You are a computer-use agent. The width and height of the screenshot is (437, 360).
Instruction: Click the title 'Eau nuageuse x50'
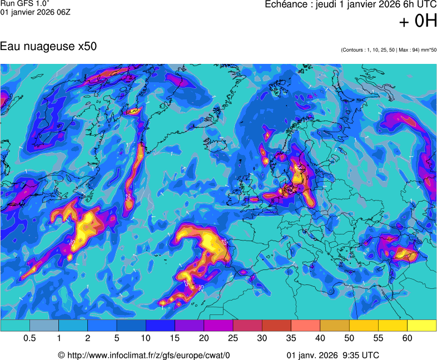[x=48, y=47]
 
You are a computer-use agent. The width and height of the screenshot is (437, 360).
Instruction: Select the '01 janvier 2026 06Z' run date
[x=36, y=12]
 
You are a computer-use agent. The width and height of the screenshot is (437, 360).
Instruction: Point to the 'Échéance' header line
[x=350, y=5]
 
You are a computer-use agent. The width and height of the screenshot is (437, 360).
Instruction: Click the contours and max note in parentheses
[x=389, y=50]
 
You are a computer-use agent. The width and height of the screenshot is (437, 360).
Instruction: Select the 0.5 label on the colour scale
[x=30, y=338]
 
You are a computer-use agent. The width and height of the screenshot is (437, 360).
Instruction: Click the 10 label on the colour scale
[x=146, y=338]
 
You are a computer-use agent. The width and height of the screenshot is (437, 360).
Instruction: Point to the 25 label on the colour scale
[x=233, y=338]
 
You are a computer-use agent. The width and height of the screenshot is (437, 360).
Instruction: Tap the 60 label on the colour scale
[x=408, y=338]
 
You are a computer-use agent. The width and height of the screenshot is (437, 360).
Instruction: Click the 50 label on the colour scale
[x=349, y=338]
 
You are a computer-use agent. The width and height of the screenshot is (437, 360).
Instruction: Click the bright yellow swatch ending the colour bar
[x=422, y=326]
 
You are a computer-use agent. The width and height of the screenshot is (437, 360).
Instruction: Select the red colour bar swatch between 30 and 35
[x=277, y=326]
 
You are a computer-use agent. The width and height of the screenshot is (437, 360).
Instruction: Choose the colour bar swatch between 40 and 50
[x=335, y=326]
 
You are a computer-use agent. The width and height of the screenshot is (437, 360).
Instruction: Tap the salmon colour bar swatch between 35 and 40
[x=306, y=326]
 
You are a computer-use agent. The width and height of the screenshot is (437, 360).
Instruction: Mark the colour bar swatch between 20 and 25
[x=218, y=326]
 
